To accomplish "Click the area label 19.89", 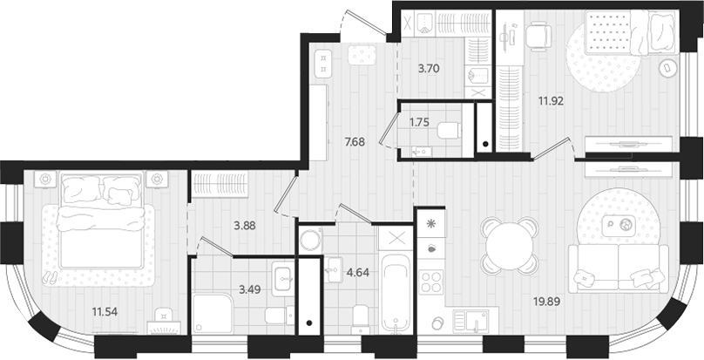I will [546, 302].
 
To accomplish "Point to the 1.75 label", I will [420, 123].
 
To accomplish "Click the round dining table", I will [507, 244].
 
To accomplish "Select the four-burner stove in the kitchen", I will [431, 282].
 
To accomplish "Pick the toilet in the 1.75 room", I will [449, 131].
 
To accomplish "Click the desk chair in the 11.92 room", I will [538, 35].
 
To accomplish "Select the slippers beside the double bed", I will [51, 277].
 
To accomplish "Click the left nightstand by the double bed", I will [44, 179].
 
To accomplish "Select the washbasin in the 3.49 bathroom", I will [283, 279].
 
